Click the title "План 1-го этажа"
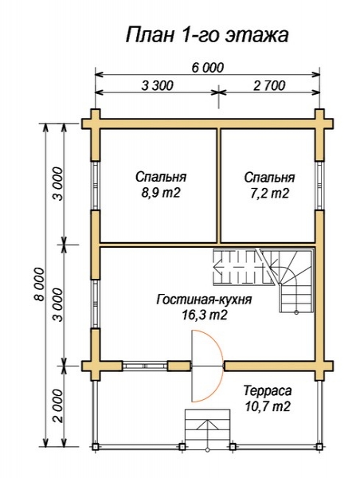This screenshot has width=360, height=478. pyautogui.click(x=207, y=35)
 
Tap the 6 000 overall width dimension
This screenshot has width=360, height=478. pyautogui.click(x=207, y=68)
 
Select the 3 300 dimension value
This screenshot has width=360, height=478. pyautogui.click(x=157, y=86)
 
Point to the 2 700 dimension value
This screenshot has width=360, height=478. pyautogui.click(x=269, y=86)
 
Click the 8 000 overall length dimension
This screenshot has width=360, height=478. pyautogui.click(x=39, y=284)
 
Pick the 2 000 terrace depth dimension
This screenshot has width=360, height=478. pyautogui.click(x=57, y=406)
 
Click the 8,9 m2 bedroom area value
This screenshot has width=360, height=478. pyautogui.click(x=161, y=193)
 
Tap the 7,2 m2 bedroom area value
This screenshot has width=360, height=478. pyautogui.click(x=269, y=194)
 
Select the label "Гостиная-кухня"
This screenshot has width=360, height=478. pyautogui.click(x=204, y=300)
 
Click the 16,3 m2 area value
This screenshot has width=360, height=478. pyautogui.click(x=205, y=315)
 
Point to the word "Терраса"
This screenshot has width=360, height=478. pyautogui.click(x=268, y=390)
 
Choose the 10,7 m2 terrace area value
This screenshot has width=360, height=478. pyautogui.click(x=267, y=406)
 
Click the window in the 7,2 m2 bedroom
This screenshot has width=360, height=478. pyautogui.click(x=319, y=186)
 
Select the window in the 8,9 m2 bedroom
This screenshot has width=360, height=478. pyautogui.click(x=96, y=186)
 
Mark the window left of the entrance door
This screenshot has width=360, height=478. pyautogui.click(x=145, y=366)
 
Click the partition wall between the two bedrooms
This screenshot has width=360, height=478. pyautogui.click(x=218, y=186)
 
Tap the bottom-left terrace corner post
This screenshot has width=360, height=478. pyautogui.click(x=96, y=447)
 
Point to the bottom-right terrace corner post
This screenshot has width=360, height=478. pyautogui.click(x=319, y=447)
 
